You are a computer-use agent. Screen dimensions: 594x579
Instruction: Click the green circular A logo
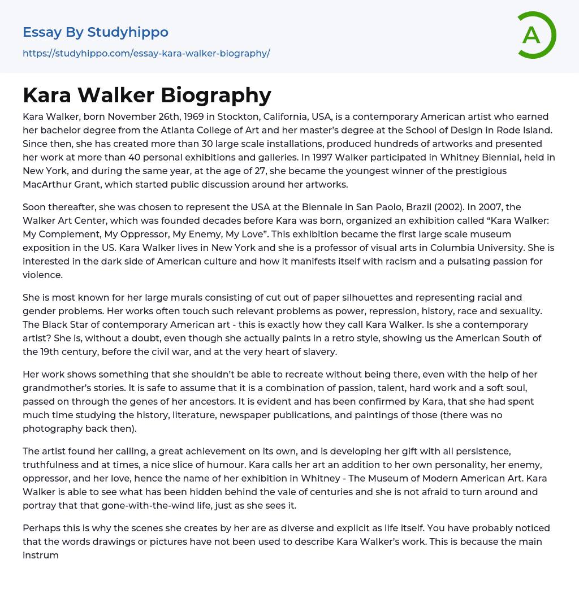(x=536, y=35)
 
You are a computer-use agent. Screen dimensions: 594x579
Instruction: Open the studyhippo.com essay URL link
(x=146, y=53)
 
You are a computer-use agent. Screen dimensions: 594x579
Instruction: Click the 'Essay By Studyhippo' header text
(x=96, y=32)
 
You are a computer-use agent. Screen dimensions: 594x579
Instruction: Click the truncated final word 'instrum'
(x=41, y=554)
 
